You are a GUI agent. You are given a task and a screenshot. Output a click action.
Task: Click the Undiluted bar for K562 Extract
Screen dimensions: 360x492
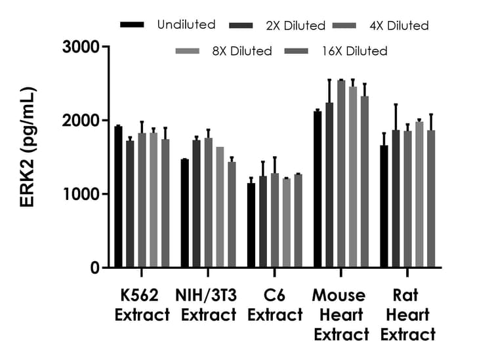[119, 197]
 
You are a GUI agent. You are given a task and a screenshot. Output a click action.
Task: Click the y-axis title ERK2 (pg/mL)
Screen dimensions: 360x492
[28, 157]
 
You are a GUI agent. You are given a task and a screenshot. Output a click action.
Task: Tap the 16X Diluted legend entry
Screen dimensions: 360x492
[355, 50]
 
